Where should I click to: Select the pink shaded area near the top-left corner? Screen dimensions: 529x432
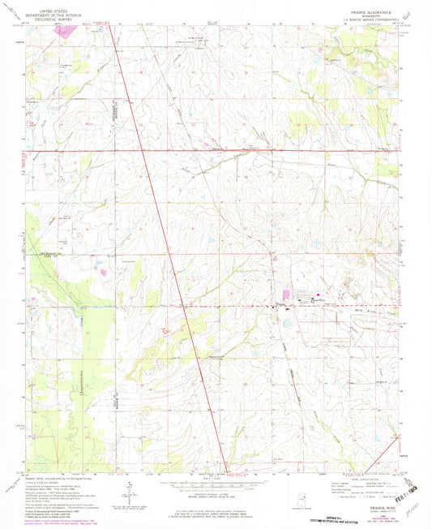click(70, 30)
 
